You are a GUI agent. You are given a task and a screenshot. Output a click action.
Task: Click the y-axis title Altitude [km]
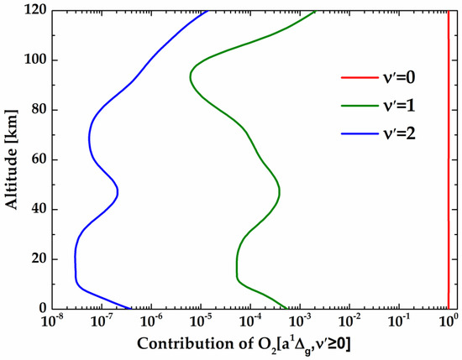point(12,159)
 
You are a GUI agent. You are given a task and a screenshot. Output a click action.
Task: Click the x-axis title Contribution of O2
point(249,345)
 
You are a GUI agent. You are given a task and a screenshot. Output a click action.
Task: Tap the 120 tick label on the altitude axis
point(36,11)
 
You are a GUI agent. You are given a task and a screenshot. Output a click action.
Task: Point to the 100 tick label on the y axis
point(36,60)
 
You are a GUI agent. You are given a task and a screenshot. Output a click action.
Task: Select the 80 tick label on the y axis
point(39,110)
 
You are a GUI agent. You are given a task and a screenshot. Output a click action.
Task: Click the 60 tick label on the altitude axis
point(39,159)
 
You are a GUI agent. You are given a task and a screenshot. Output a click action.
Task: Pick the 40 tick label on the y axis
point(39,209)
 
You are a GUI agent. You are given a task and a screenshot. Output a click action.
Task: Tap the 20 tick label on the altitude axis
point(39,258)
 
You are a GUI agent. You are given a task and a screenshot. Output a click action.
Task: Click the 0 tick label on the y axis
point(43,308)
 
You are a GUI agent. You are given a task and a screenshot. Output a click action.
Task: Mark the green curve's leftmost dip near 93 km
point(191,77)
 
